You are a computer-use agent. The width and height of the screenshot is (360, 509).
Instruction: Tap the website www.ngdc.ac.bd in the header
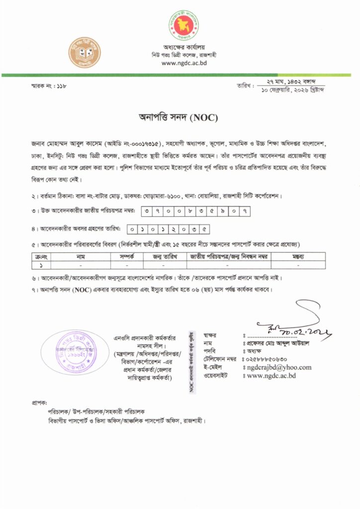pyautogui.click(x=183, y=63)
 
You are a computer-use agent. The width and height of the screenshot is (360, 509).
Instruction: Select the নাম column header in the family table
pyautogui.click(x=81, y=257)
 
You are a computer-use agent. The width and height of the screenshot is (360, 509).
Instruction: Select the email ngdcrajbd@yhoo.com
pyautogui.click(x=279, y=367)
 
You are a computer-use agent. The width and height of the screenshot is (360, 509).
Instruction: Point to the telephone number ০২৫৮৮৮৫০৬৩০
pyautogui.click(x=267, y=359)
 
